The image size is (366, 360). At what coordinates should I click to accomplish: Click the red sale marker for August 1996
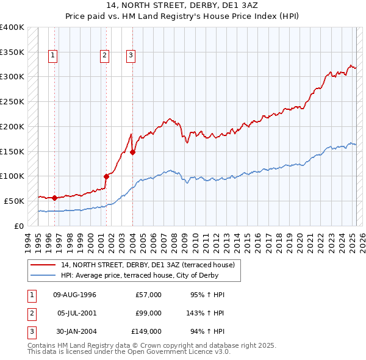point(55,198)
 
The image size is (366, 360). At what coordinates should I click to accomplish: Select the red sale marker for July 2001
point(106,176)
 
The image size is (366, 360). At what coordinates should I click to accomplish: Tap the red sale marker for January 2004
point(133,152)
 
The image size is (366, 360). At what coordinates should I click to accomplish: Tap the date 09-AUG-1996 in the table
point(74,295)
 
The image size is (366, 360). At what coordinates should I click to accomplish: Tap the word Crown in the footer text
point(146,345)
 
